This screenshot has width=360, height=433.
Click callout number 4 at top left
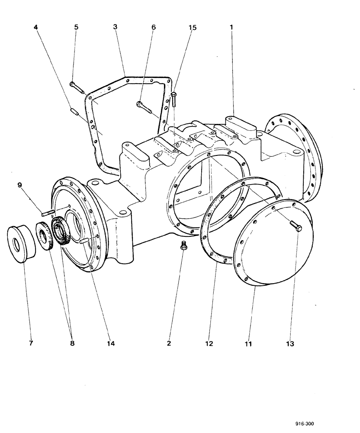[x=36, y=27]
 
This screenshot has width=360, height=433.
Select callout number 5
[x=76, y=27]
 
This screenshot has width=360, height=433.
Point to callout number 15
[x=192, y=27]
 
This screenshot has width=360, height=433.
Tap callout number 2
[x=169, y=343]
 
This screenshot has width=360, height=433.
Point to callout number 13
[x=289, y=343]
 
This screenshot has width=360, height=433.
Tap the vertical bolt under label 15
[x=174, y=100]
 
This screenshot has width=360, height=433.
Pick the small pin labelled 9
[x=48, y=212]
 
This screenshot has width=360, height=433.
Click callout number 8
[x=72, y=343]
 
